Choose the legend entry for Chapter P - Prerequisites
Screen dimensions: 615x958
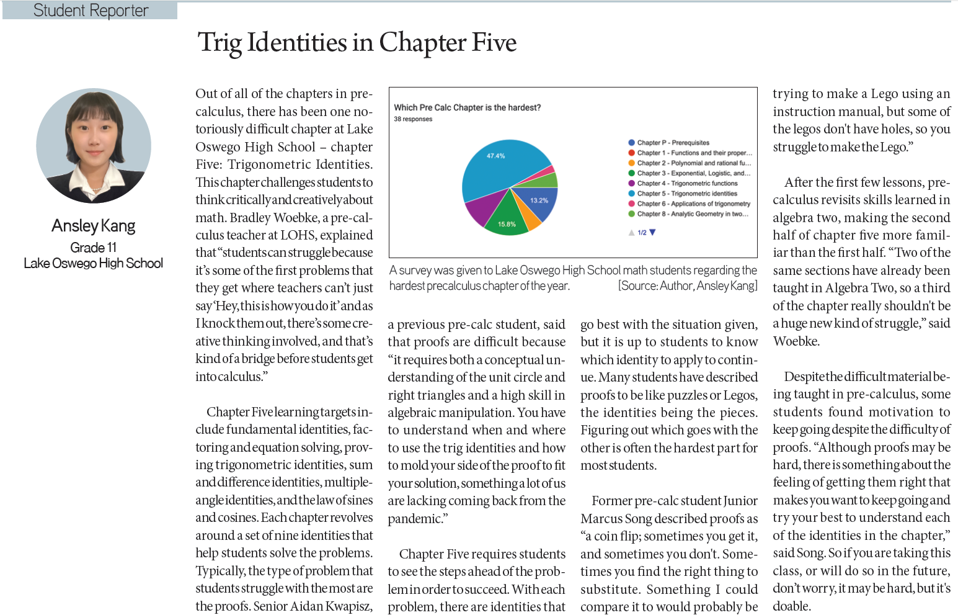tap(673, 143)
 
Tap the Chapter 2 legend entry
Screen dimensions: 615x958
tap(693, 163)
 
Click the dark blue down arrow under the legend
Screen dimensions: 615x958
tap(652, 233)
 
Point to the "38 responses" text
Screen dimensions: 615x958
tap(413, 119)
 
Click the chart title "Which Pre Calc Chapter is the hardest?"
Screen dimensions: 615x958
tap(467, 107)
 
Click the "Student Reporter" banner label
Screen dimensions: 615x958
tap(91, 11)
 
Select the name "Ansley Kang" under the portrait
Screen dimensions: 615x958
tap(94, 226)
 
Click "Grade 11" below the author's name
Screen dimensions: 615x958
tap(94, 248)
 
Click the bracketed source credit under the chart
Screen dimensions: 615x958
tap(688, 286)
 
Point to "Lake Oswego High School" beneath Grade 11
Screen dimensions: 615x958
tap(94, 264)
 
